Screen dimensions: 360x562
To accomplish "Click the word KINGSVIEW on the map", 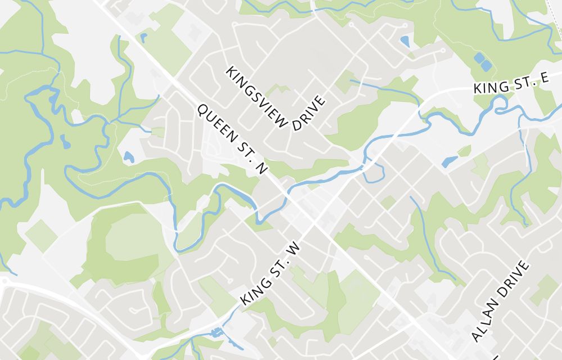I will click(257, 96).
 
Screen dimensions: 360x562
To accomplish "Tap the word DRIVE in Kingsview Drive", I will click(310, 113).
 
